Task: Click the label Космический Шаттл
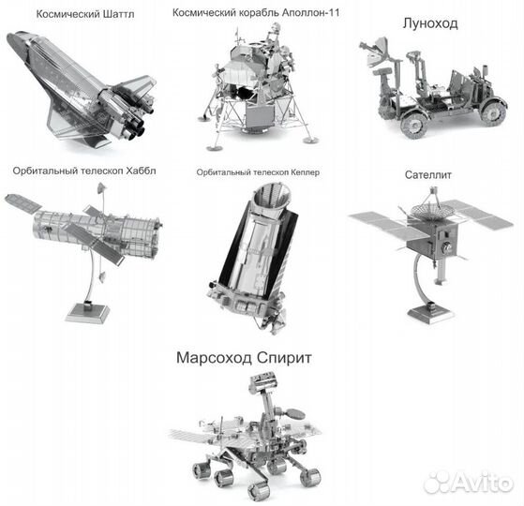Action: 85,14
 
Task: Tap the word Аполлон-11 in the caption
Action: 311,13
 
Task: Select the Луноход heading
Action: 430,23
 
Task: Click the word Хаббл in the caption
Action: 141,171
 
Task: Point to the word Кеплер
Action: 305,172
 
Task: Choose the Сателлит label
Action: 427,174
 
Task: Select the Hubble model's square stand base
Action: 87,312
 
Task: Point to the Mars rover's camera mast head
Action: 263,379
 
